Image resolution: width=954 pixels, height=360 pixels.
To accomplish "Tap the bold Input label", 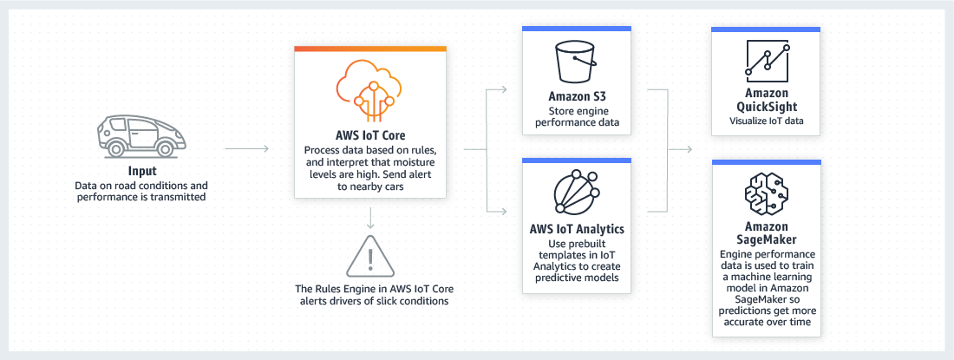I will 141,172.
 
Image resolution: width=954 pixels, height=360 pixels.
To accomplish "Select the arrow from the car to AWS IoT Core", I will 246,149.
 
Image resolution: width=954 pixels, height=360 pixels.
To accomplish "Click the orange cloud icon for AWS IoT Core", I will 369,90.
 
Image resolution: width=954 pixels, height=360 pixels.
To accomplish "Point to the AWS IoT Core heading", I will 369,135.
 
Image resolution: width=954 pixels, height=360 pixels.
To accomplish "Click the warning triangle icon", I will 369,255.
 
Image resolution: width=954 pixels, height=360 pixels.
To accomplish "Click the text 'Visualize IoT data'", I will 765,121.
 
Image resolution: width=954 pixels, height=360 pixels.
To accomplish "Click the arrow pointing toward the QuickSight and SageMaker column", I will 689,149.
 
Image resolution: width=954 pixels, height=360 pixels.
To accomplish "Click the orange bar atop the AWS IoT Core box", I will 369,49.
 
